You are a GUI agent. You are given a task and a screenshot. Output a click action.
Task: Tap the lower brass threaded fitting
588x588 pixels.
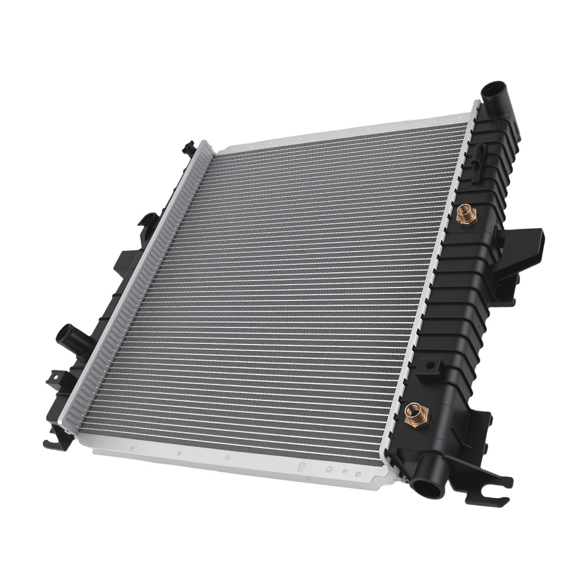(417, 416)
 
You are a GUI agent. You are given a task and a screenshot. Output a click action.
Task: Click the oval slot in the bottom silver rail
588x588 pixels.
(301, 466)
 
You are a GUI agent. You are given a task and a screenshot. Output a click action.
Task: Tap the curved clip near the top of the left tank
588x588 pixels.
(148, 222)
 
